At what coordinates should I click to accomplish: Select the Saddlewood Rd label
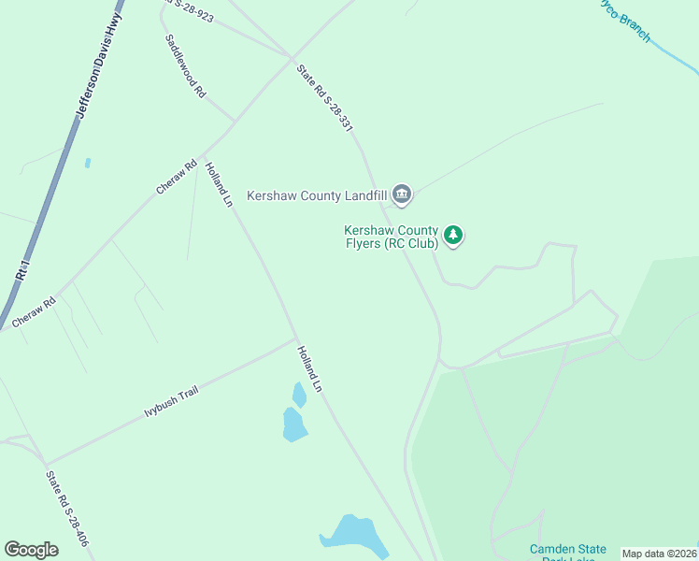185,66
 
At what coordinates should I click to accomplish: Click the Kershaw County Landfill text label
317,195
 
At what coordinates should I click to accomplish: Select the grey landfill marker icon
403,194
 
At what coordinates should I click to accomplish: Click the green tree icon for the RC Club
453,236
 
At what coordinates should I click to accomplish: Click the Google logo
32,550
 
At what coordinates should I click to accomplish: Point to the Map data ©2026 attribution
659,554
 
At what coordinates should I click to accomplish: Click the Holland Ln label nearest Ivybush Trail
309,368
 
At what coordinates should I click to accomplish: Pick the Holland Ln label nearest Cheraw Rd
219,181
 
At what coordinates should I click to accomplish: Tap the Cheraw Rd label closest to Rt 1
35,311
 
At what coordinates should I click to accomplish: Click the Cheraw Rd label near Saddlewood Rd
177,177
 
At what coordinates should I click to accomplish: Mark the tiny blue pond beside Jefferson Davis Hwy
87,163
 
